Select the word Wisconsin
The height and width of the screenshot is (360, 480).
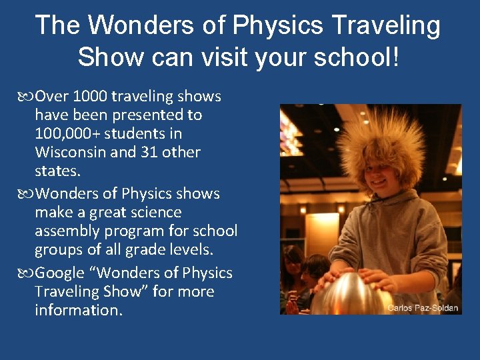pos(70,153)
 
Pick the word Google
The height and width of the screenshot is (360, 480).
pos(63,273)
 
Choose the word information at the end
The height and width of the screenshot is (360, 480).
pos(79,311)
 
